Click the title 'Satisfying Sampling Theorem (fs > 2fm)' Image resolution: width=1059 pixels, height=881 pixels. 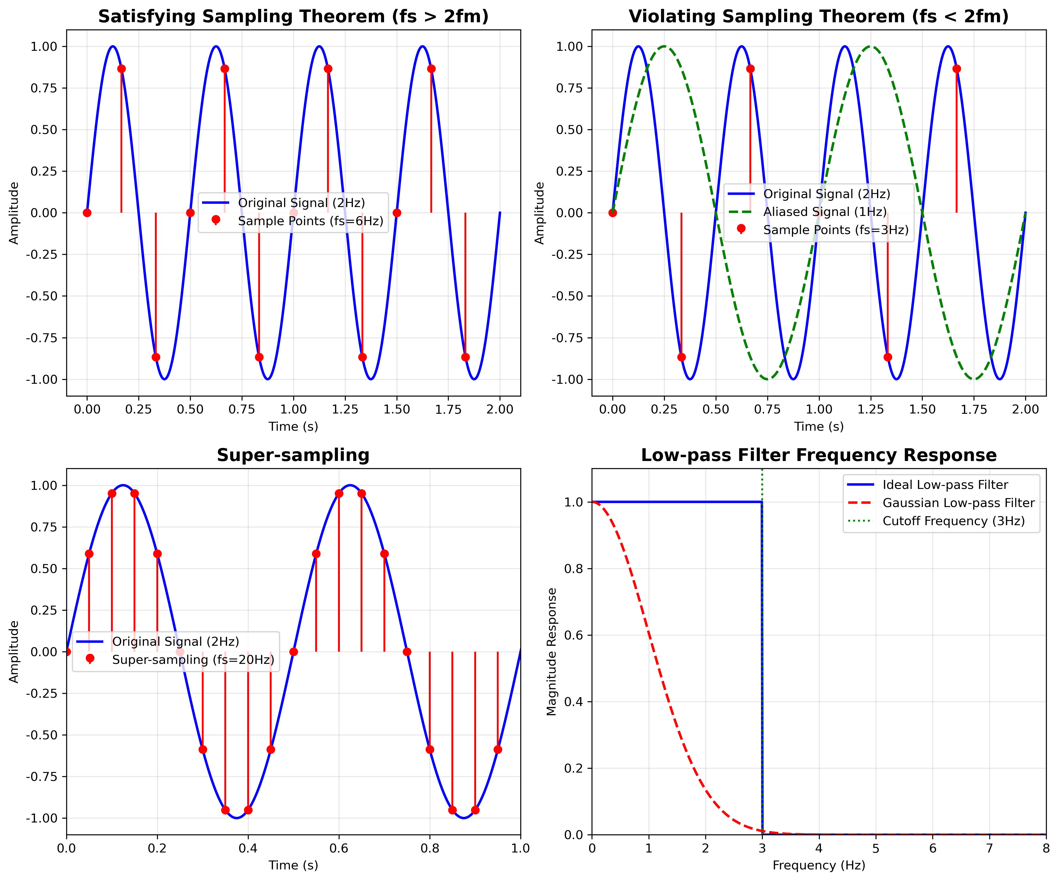(x=293, y=17)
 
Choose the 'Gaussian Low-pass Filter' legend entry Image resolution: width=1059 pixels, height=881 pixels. (x=958, y=503)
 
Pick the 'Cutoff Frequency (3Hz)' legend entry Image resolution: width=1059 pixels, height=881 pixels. (x=953, y=521)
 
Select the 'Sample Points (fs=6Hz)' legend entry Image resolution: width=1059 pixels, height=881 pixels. (x=310, y=221)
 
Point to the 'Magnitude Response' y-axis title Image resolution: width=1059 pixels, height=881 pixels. (x=552, y=651)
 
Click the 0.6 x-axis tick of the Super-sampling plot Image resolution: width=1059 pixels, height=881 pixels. (x=339, y=848)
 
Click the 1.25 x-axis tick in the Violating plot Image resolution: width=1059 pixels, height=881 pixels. (x=871, y=409)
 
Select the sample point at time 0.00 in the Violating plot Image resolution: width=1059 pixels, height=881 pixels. (x=613, y=213)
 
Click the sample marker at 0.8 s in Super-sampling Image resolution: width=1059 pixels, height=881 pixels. (x=430, y=749)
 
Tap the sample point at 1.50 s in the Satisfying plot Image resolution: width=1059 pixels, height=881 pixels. (x=397, y=213)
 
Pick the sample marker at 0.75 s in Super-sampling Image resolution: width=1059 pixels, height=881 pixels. (x=407, y=652)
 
